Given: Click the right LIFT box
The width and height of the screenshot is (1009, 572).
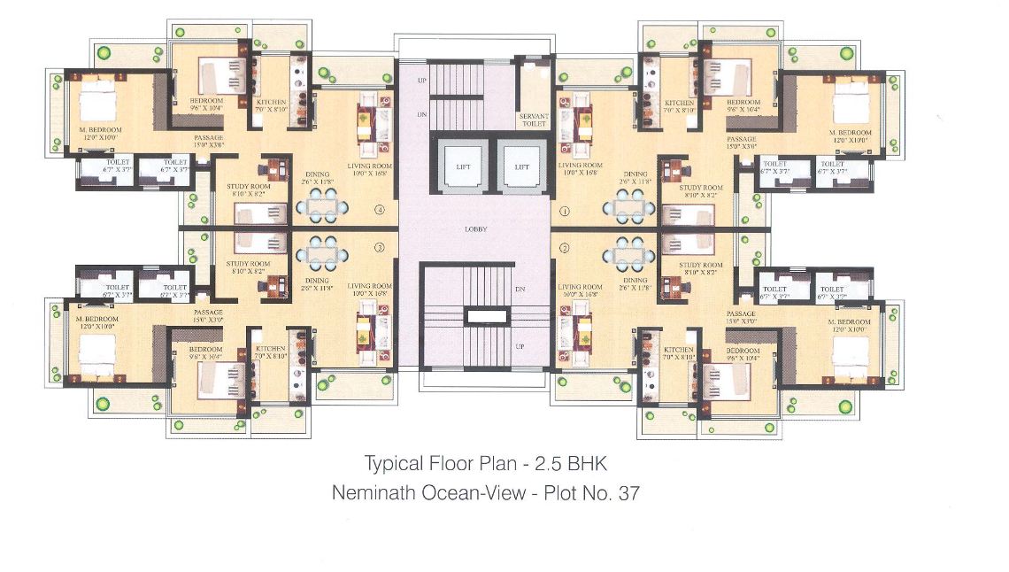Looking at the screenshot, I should pos(520,166).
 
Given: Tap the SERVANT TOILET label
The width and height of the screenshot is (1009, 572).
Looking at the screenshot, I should pos(533,120).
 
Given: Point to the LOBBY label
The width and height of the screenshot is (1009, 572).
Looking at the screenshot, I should pos(477,229).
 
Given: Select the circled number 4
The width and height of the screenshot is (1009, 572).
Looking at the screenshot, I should pos(380,211).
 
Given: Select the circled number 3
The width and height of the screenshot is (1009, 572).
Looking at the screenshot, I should pos(380,248).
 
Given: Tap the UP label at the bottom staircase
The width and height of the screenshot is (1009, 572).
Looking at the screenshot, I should pos(520,346).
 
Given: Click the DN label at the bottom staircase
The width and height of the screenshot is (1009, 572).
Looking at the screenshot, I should pos(520,290).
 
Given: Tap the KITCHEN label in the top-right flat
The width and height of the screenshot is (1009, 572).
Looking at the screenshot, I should pos(680,103).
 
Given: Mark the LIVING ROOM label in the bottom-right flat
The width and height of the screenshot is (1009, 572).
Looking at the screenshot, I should pos(580,287).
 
